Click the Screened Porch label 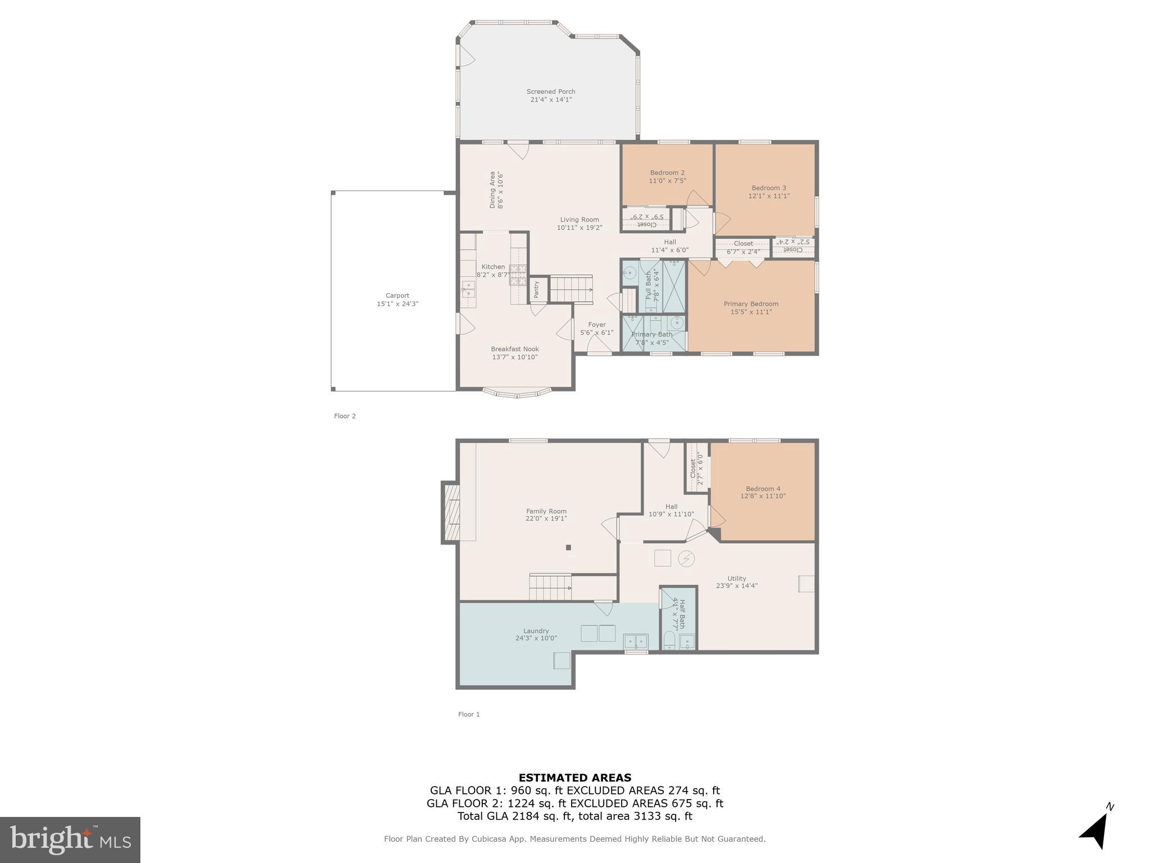(550, 92)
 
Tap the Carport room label (397, 296)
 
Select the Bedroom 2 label (667, 172)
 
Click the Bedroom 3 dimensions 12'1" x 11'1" (769, 196)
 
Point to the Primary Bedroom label (751, 304)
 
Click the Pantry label (537, 289)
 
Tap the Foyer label (596, 325)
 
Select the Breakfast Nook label (514, 349)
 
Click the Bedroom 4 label (763, 489)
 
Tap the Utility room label (737, 578)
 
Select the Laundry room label (536, 631)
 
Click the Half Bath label (682, 614)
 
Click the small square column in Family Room (568, 547)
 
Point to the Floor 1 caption (469, 714)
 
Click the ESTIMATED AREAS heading (574, 778)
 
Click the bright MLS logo (70, 839)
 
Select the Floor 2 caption (345, 416)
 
